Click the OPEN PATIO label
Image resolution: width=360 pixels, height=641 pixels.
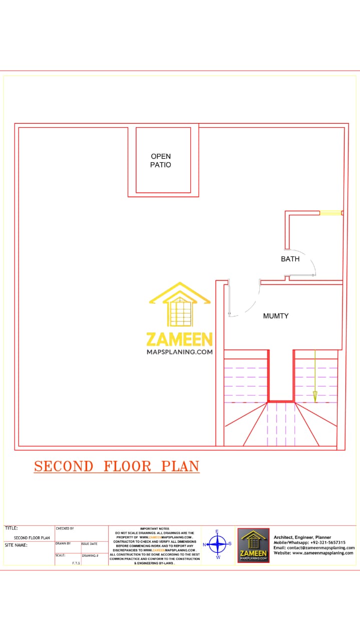pyautogui.click(x=161, y=160)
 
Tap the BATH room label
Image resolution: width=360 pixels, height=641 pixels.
pyautogui.click(x=290, y=259)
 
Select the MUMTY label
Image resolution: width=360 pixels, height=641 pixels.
pyautogui.click(x=276, y=316)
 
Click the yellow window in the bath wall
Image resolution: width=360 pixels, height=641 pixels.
pyautogui.click(x=330, y=213)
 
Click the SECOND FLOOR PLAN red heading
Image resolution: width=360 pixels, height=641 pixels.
pyautogui.click(x=117, y=466)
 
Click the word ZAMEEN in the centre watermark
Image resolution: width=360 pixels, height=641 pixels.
pyautogui.click(x=179, y=340)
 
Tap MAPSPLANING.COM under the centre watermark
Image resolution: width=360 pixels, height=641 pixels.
pyautogui.click(x=179, y=352)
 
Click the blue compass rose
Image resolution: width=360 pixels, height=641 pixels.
pyautogui.click(x=217, y=543)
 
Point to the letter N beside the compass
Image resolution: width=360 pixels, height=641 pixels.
pyautogui.click(x=204, y=544)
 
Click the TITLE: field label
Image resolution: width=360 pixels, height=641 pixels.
pyautogui.click(x=12, y=528)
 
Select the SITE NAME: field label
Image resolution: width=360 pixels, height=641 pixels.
pyautogui.click(x=17, y=545)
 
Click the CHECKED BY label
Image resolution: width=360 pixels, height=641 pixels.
pyautogui.click(x=65, y=528)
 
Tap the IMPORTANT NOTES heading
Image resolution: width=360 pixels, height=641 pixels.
pyautogui.click(x=155, y=529)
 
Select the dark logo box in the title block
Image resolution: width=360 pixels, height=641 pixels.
pyautogui.click(x=253, y=545)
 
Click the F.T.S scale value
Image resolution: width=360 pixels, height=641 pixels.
pyautogui.click(x=76, y=563)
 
